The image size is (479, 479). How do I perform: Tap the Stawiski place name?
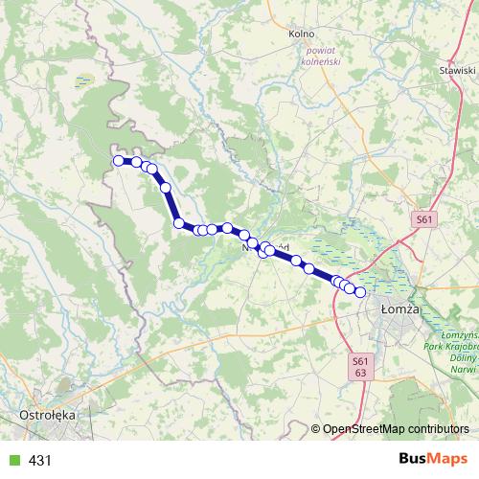click(x=456, y=71)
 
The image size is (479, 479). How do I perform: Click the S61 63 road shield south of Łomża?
click(x=360, y=366)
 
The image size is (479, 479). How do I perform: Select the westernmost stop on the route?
click(x=119, y=161)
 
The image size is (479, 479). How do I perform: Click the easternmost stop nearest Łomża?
click(x=360, y=292)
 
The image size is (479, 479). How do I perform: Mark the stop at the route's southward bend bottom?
click(x=178, y=223)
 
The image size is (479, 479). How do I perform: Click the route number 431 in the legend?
click(x=40, y=461)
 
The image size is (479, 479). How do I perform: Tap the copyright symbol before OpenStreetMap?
click(x=316, y=428)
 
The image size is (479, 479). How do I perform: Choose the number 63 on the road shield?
click(x=360, y=372)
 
